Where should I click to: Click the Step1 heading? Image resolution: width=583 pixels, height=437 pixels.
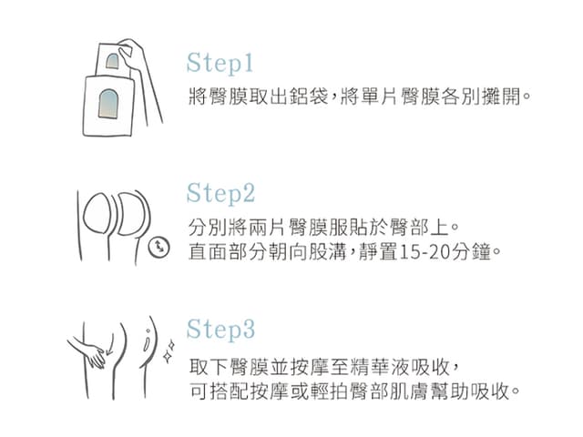point(220,64)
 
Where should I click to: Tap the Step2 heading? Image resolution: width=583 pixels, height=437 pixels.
point(220,193)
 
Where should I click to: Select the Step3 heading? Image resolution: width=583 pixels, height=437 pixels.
point(220,330)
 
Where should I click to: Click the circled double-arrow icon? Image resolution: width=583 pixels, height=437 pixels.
point(159,247)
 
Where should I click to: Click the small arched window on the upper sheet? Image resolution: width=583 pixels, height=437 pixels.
point(113,62)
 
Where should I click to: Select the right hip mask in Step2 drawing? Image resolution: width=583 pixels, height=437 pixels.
point(131,214)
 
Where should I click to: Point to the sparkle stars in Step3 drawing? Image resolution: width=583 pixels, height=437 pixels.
point(169,351)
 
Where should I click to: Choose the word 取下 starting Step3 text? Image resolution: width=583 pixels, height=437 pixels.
point(209,368)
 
